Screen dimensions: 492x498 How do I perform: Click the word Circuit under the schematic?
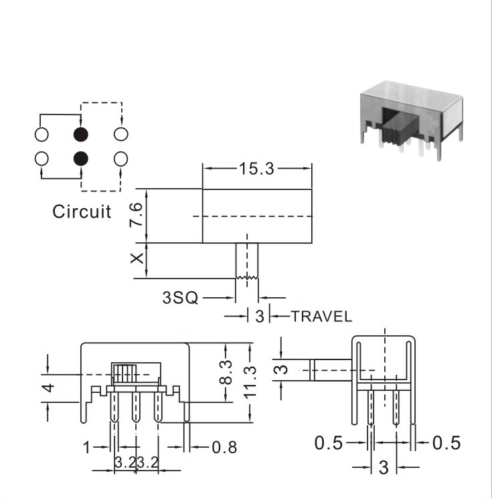tap(82, 212)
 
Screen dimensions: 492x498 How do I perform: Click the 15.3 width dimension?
tap(256, 168)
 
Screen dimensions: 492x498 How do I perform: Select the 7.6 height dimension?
tap(137, 215)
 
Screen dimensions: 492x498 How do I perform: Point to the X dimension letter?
tap(137, 258)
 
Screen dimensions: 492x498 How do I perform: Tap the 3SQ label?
tap(180, 298)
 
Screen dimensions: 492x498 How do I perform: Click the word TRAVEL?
tap(321, 317)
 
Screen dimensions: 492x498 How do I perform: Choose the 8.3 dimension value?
tap(226, 372)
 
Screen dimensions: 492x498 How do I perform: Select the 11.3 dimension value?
tap(250, 382)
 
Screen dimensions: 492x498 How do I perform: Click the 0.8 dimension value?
tap(224, 448)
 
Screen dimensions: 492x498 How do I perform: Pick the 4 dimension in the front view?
tap(48, 388)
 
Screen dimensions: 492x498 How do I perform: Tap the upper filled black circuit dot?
tap(81, 135)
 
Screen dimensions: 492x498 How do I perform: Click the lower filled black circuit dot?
tap(81, 159)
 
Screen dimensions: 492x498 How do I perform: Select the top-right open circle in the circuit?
tap(121, 134)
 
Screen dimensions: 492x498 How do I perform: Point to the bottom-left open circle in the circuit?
tap(42, 159)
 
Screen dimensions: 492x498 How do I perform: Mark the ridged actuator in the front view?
tap(124, 373)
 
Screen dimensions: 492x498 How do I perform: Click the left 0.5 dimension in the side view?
tap(329, 442)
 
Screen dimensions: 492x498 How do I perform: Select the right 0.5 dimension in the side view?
tap(446, 442)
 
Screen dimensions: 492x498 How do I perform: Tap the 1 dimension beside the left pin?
tap(86, 448)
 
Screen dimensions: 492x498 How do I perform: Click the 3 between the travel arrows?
tap(260, 317)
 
